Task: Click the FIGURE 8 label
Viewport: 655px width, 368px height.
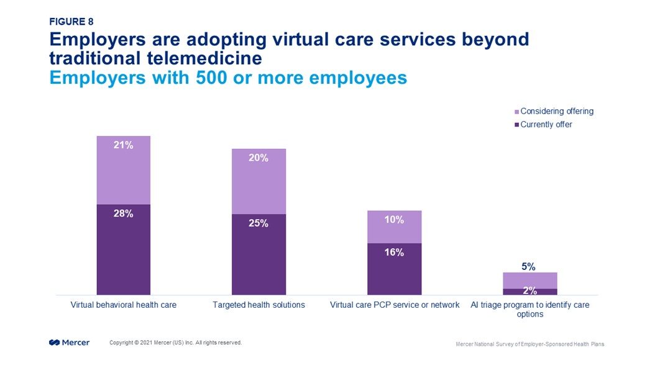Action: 71,21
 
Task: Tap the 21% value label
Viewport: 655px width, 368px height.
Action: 123,145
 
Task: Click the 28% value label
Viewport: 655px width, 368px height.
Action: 123,213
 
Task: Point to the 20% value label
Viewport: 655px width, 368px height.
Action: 259,158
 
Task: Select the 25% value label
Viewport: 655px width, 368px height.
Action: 259,223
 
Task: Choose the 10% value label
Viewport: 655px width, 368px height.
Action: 394,220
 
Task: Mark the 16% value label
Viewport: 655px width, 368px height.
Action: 394,252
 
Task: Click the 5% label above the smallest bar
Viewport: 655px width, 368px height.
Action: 529,267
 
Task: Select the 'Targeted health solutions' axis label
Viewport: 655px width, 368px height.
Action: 259,305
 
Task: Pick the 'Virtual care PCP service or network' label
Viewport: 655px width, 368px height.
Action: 394,305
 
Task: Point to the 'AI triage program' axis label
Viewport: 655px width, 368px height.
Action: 529,310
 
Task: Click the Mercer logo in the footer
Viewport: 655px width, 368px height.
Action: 69,343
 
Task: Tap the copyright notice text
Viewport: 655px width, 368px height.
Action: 175,343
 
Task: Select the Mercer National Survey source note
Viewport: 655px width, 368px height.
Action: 529,344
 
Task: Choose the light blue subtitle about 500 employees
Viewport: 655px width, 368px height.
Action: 227,78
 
